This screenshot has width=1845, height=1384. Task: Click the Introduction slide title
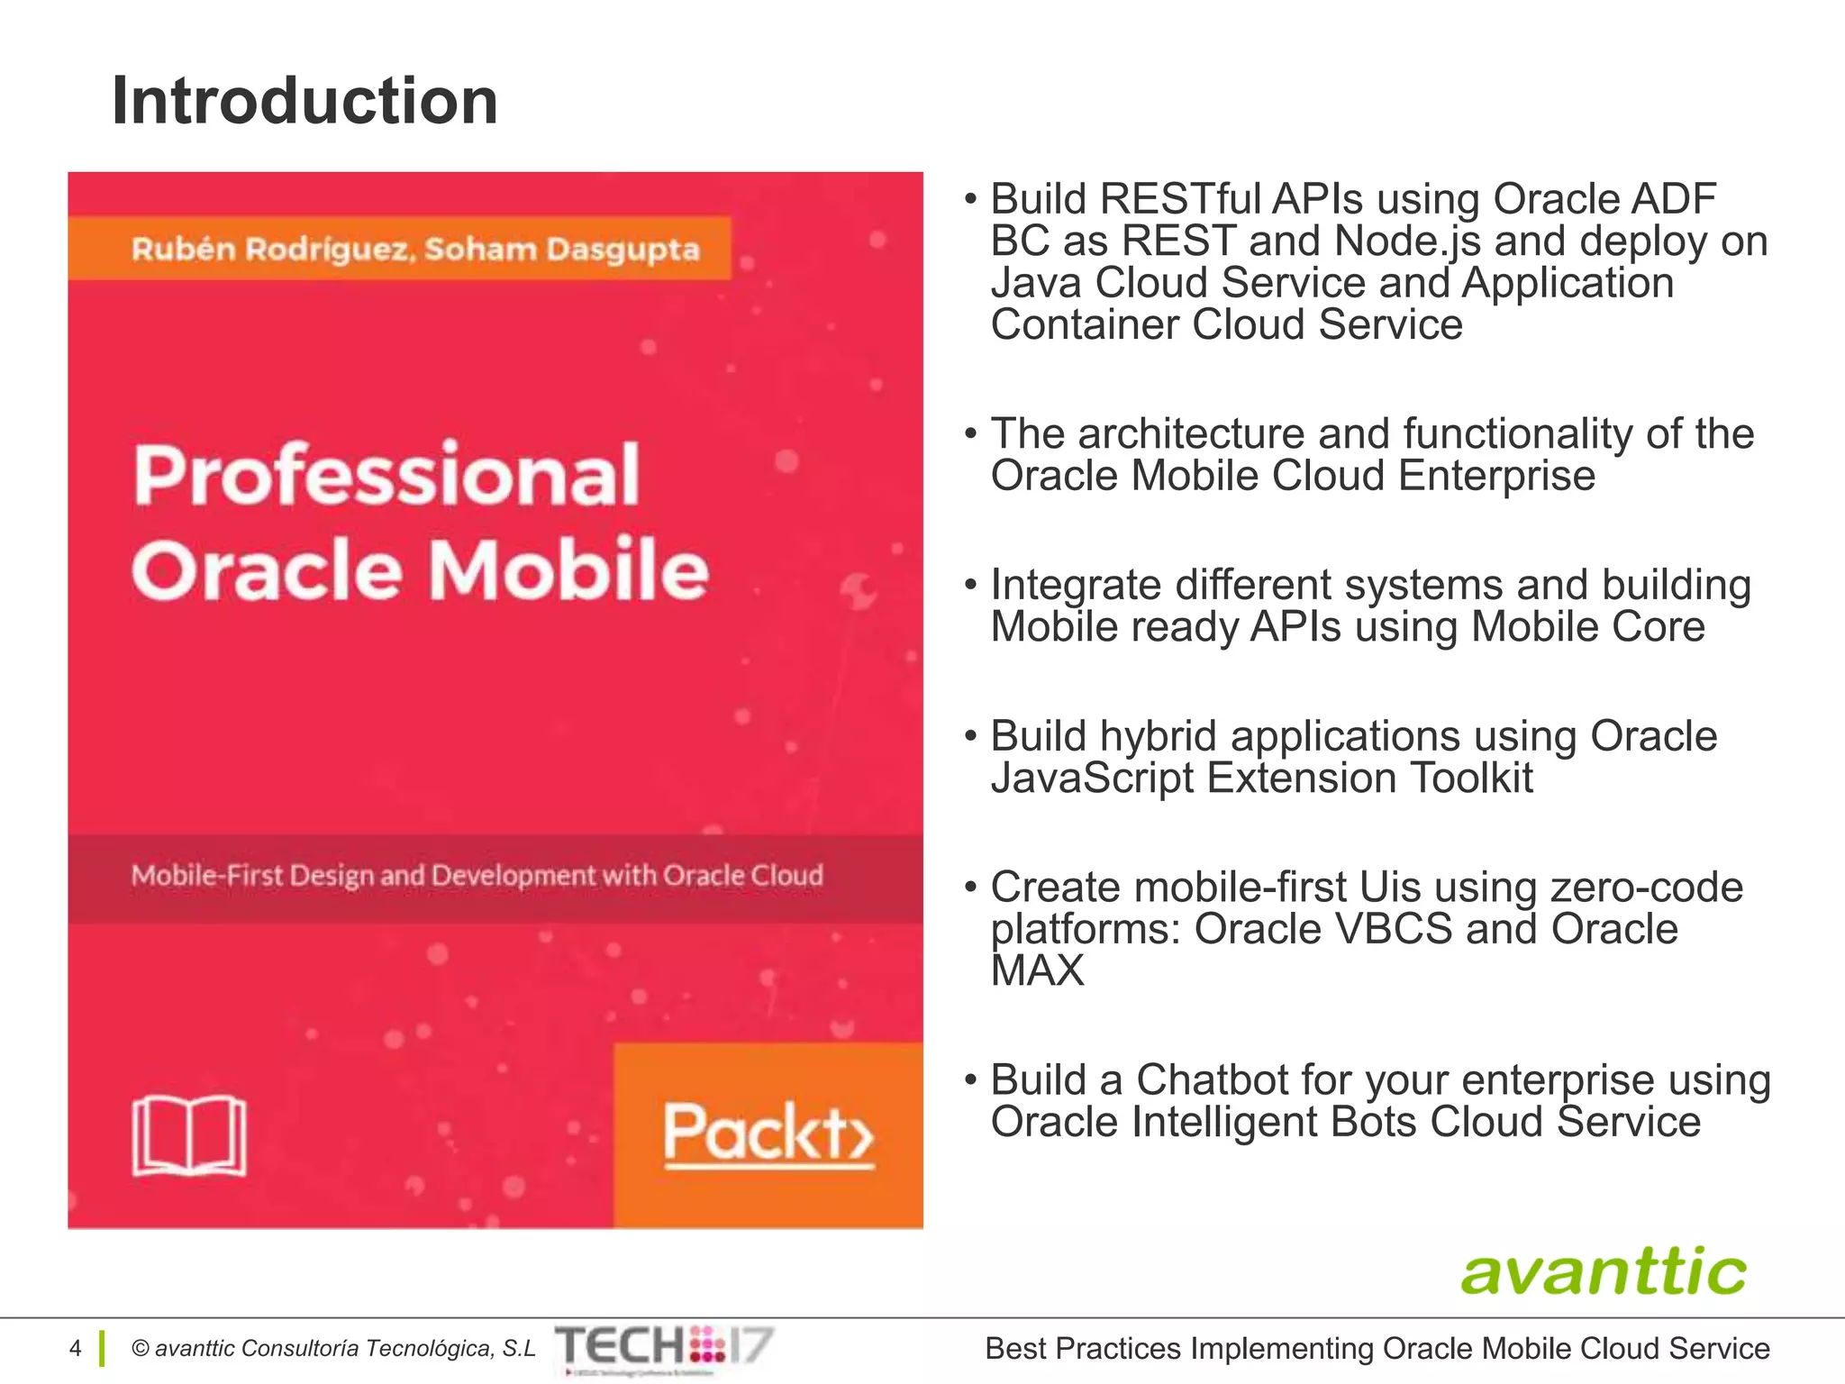coord(304,101)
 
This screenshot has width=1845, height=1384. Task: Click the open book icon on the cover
coord(189,1135)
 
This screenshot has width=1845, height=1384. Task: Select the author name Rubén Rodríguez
coord(272,249)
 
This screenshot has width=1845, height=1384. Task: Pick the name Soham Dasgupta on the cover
coord(562,249)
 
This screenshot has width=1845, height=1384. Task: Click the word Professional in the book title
coord(386,476)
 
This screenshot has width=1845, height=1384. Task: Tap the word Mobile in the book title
coord(569,570)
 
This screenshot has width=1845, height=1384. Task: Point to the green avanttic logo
coord(1603,1271)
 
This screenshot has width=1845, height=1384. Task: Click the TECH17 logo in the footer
coord(664,1347)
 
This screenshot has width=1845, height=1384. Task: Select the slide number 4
coord(76,1348)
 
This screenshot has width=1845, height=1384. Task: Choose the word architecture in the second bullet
coord(1191,433)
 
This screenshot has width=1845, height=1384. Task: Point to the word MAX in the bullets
coord(1037,970)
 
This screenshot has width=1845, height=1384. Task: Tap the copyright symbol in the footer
coord(141,1348)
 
